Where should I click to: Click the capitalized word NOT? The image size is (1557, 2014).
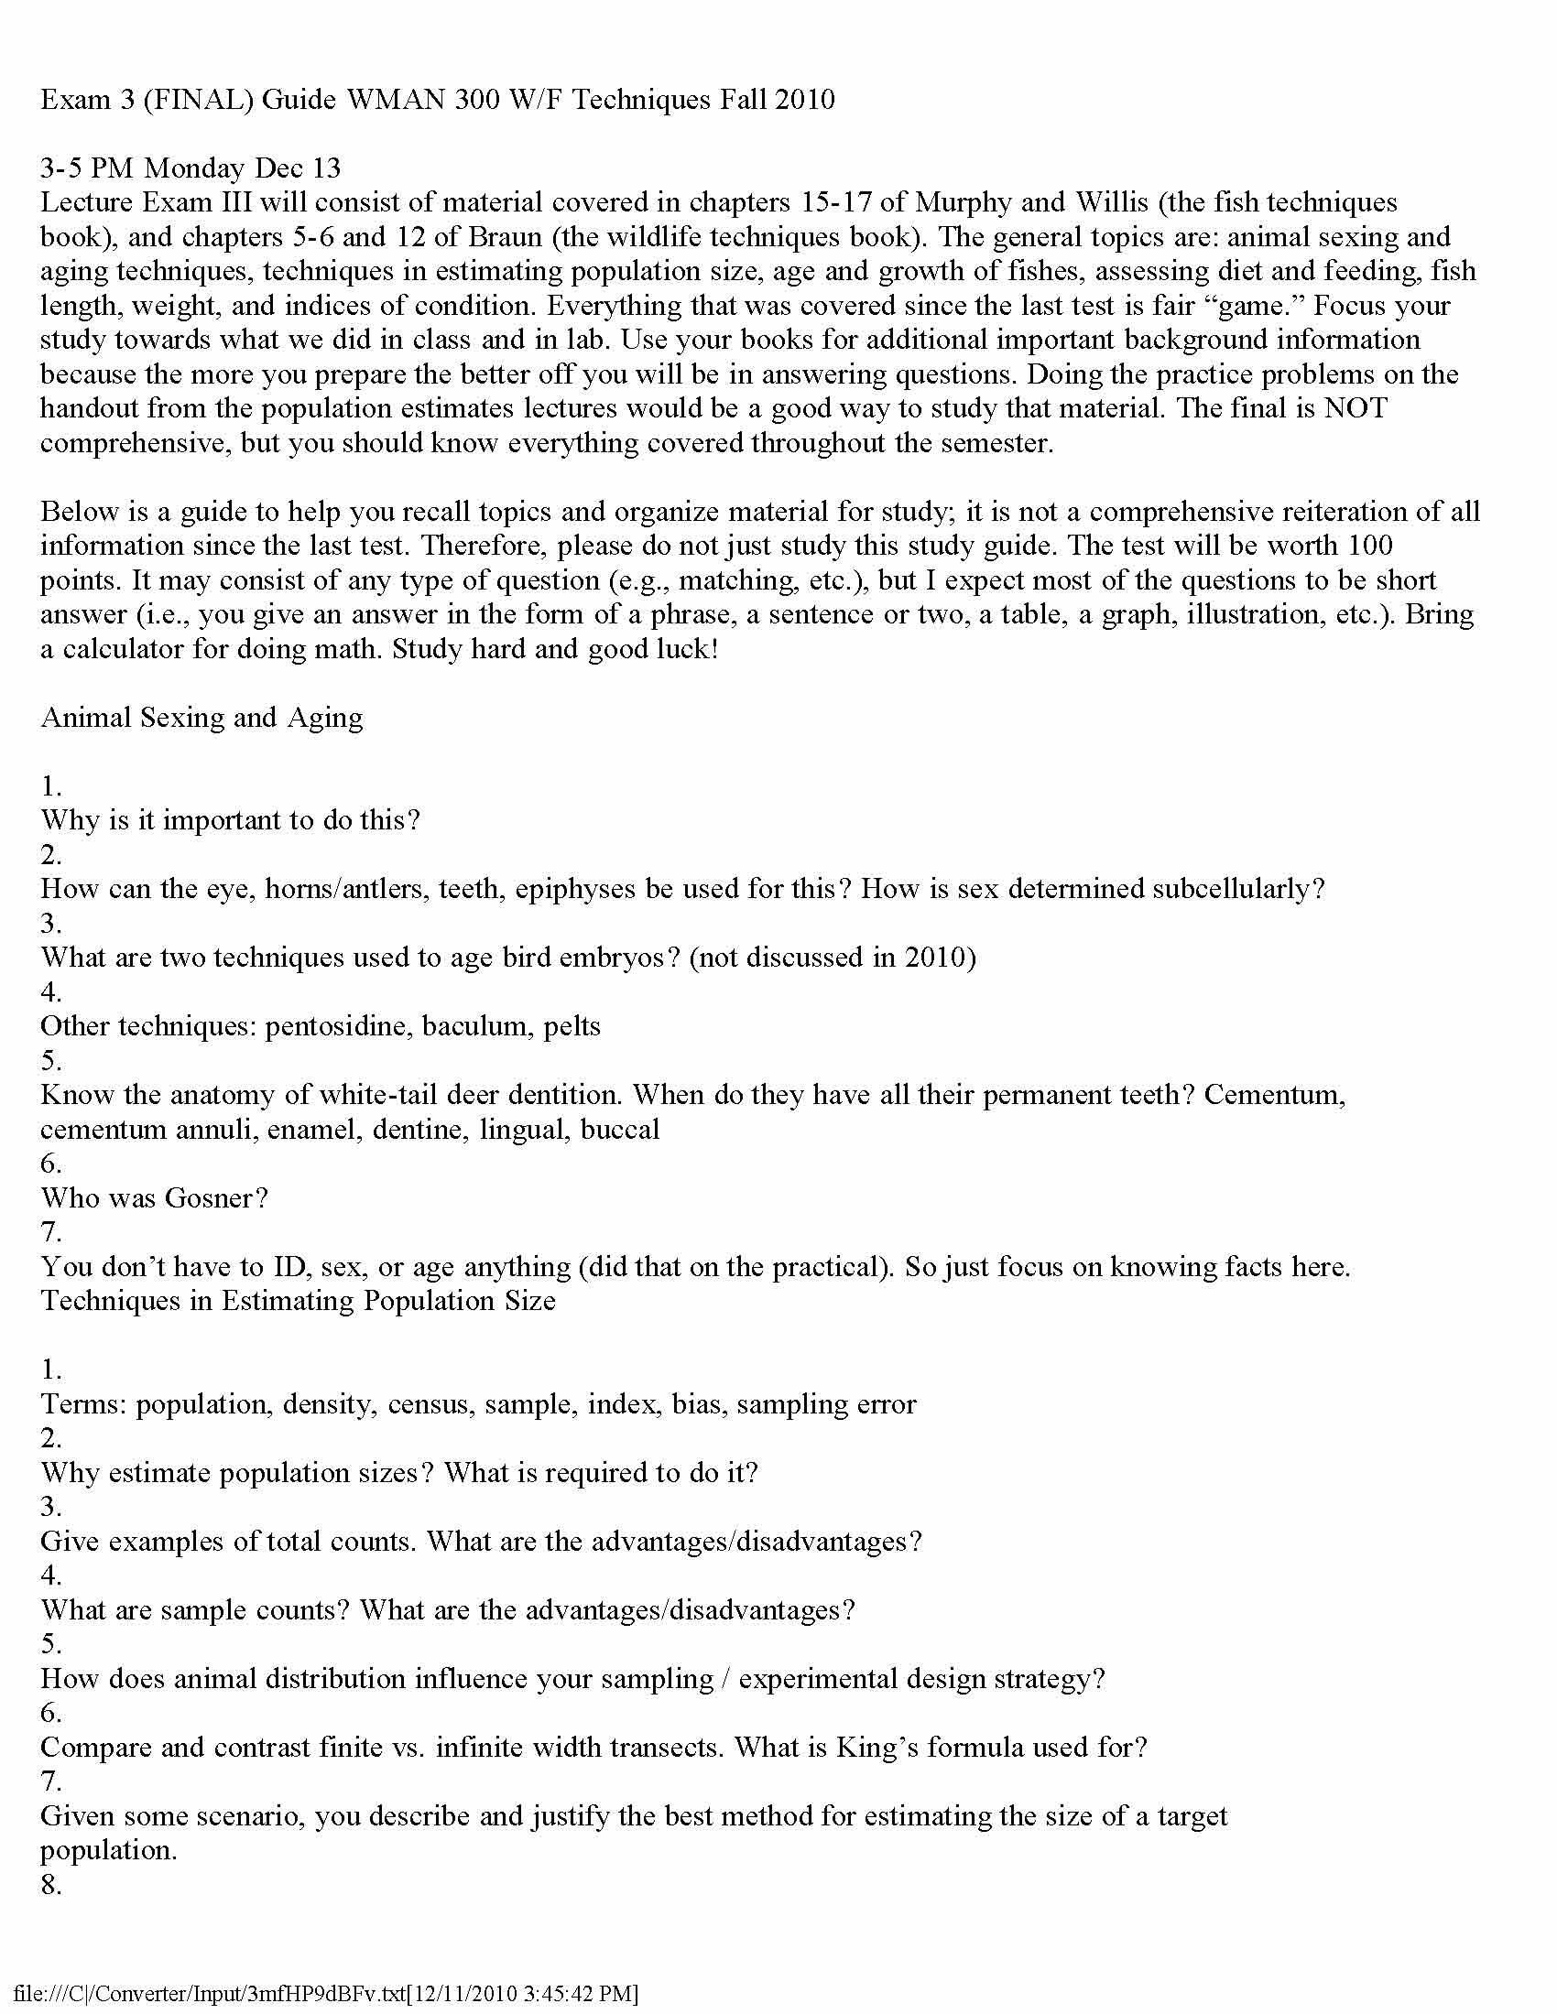(1355, 408)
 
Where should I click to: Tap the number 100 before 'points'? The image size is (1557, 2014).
(1370, 545)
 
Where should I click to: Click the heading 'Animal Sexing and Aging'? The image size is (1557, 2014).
(201, 718)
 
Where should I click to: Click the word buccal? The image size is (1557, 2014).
(620, 1130)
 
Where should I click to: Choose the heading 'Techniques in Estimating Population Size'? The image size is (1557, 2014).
(298, 1301)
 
